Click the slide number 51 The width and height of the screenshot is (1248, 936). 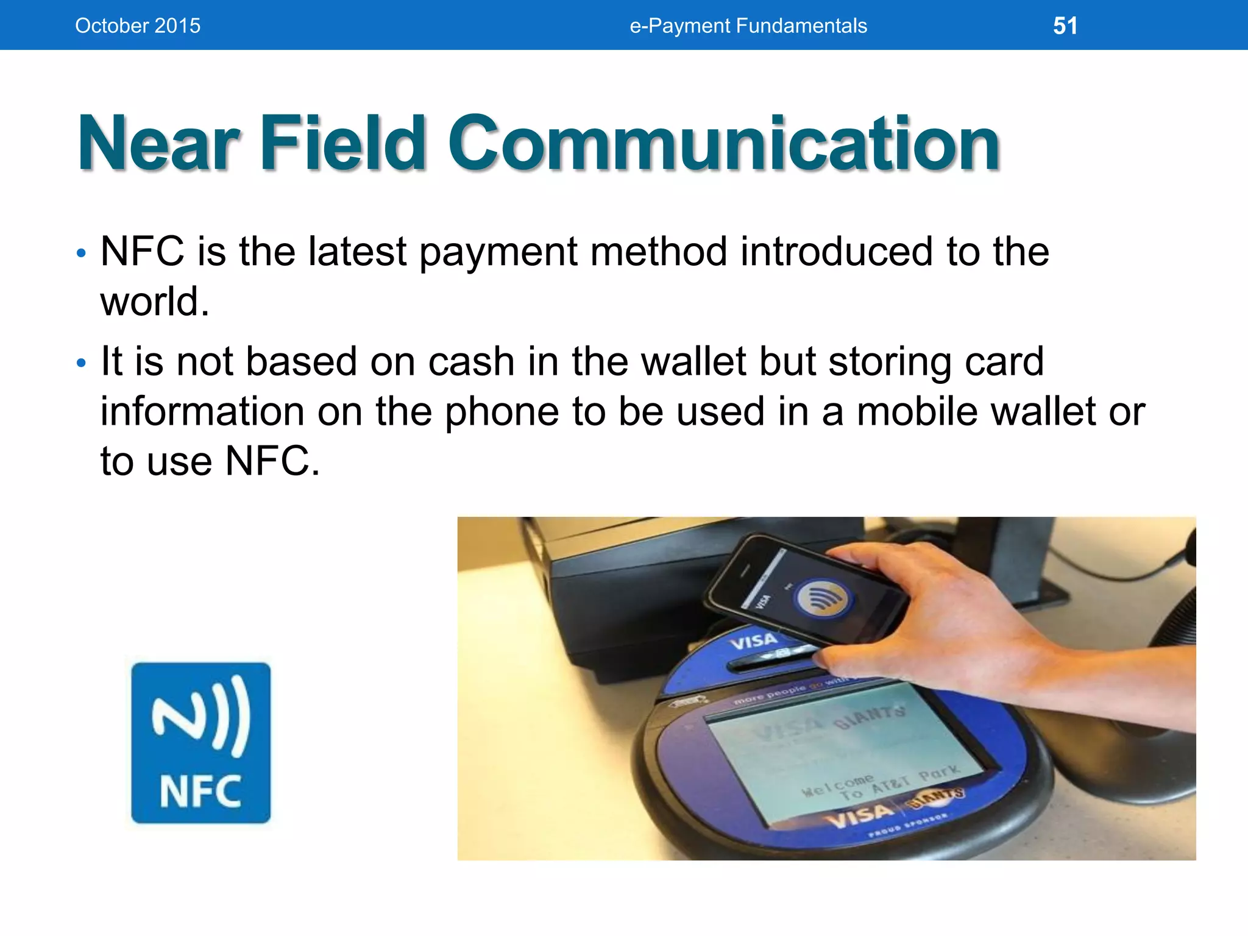point(1065,26)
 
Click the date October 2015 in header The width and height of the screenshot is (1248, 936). point(138,26)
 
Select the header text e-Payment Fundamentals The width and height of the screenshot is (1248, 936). point(748,26)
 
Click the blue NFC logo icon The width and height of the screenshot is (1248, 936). point(200,742)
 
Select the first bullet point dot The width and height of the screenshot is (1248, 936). point(82,253)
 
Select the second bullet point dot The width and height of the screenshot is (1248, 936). point(82,364)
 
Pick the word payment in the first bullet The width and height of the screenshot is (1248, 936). point(498,252)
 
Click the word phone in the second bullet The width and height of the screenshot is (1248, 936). point(501,412)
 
